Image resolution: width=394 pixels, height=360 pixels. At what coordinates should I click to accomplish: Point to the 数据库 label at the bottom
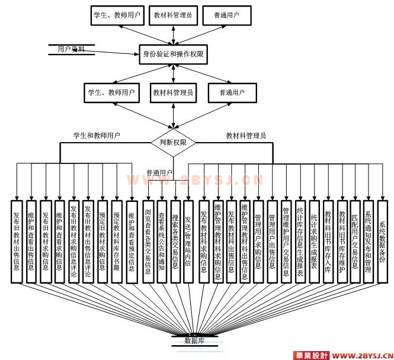(194, 341)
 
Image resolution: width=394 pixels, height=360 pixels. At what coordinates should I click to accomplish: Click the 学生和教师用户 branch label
(97, 136)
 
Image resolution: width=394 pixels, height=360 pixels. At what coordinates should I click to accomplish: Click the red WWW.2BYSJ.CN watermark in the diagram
(195, 179)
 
